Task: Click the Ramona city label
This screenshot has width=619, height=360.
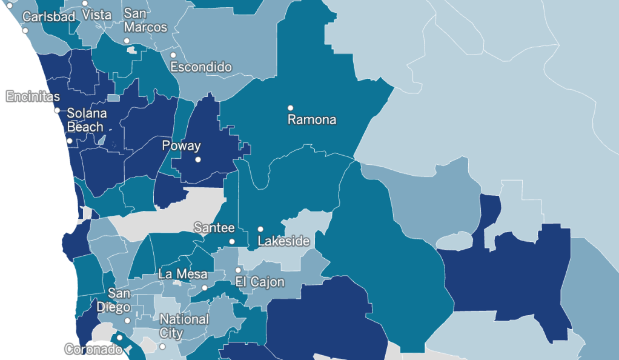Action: (311, 119)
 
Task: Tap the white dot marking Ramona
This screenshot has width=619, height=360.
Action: (290, 108)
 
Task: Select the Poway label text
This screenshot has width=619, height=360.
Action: (181, 146)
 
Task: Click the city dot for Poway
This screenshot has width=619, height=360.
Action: (197, 160)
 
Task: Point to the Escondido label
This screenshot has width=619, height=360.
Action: (201, 67)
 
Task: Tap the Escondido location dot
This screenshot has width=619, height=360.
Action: (173, 55)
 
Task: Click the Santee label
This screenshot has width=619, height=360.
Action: (214, 228)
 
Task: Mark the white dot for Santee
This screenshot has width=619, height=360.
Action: (231, 241)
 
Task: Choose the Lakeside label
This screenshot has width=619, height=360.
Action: (283, 241)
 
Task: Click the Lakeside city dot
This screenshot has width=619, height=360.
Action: (260, 229)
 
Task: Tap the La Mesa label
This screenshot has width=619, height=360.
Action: (183, 274)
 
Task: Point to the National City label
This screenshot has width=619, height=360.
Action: (184, 325)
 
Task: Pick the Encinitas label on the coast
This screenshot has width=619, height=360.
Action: (33, 96)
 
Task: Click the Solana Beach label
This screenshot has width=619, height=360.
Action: (86, 120)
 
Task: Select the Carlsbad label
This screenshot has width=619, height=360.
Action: (48, 16)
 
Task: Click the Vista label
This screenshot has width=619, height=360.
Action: (96, 14)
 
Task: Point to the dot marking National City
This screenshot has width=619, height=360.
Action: (162, 347)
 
